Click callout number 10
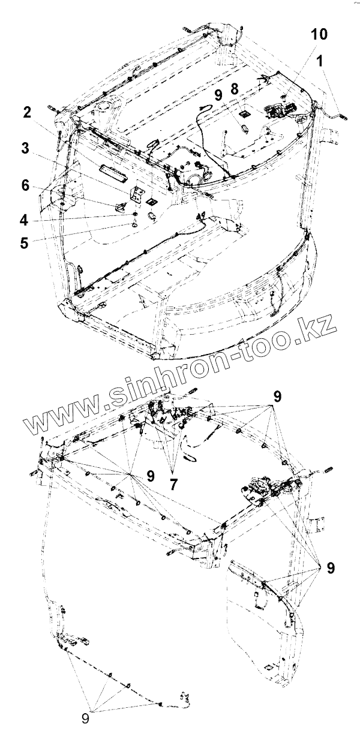(319, 35)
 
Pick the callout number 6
(25, 186)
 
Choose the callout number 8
(235, 89)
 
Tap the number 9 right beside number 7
(150, 476)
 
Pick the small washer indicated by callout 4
(136, 214)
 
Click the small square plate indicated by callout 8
(244, 112)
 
